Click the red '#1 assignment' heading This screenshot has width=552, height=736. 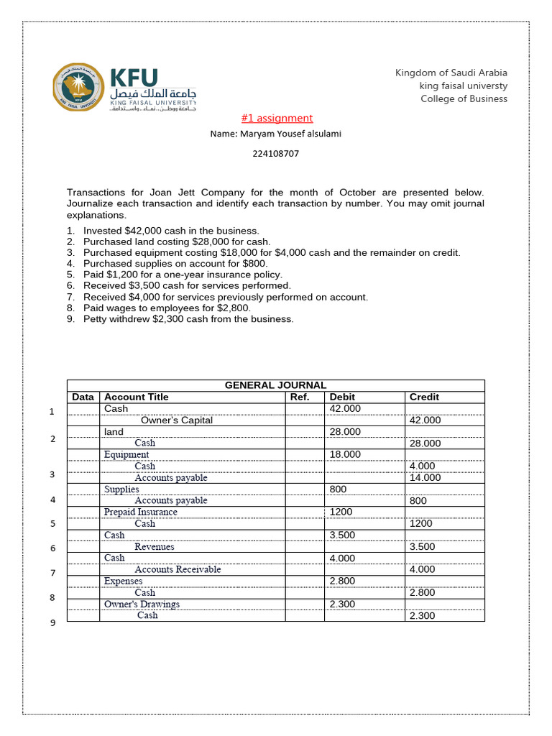(x=275, y=118)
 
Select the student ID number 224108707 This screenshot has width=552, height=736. (x=276, y=153)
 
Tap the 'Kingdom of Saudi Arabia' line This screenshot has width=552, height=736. (x=451, y=73)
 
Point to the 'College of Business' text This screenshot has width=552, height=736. (x=464, y=98)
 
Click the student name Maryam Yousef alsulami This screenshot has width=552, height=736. (x=276, y=134)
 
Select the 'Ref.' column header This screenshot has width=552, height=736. (x=299, y=397)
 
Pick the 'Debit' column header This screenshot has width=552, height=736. (x=341, y=397)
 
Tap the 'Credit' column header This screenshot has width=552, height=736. (x=424, y=397)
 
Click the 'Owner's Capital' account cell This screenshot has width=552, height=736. (x=177, y=420)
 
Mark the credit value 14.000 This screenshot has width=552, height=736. (x=425, y=478)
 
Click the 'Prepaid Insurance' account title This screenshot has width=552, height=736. (x=141, y=512)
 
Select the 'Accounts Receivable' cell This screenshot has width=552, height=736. (x=178, y=570)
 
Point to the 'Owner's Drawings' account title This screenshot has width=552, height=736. (x=142, y=604)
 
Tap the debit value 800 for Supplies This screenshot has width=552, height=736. (x=338, y=489)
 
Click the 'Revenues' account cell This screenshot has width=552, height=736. (x=155, y=547)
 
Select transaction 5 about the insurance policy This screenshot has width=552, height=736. (x=183, y=275)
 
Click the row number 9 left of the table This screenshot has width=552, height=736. (x=52, y=623)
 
